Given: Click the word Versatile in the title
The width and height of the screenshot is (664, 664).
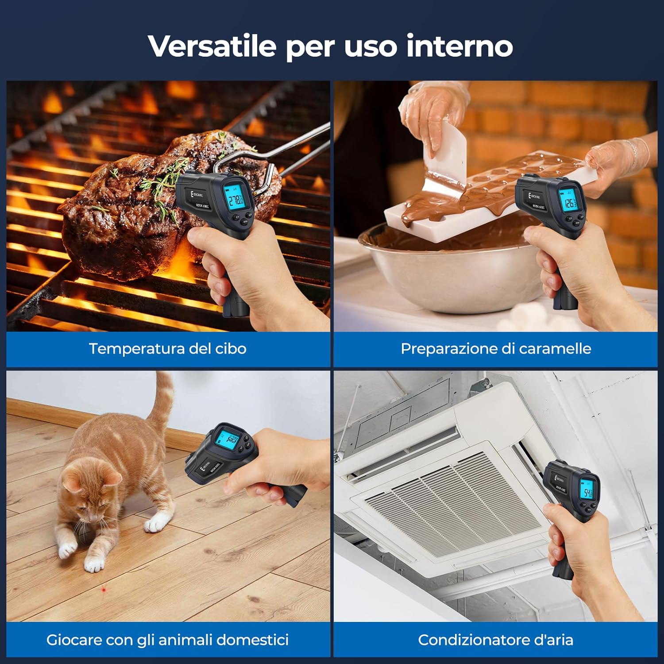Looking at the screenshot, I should (x=212, y=46).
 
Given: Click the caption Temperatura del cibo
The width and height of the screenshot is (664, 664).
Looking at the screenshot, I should (x=167, y=349).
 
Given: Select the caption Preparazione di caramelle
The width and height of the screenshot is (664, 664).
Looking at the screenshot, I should (x=495, y=349).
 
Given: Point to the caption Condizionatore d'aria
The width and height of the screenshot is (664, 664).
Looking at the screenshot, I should (x=495, y=640).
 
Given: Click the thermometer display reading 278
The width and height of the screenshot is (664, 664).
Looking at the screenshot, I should (x=235, y=200).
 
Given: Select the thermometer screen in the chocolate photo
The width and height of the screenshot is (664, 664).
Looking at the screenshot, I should (x=568, y=201).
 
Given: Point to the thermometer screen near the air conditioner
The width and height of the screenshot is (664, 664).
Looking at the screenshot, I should (x=587, y=491).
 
